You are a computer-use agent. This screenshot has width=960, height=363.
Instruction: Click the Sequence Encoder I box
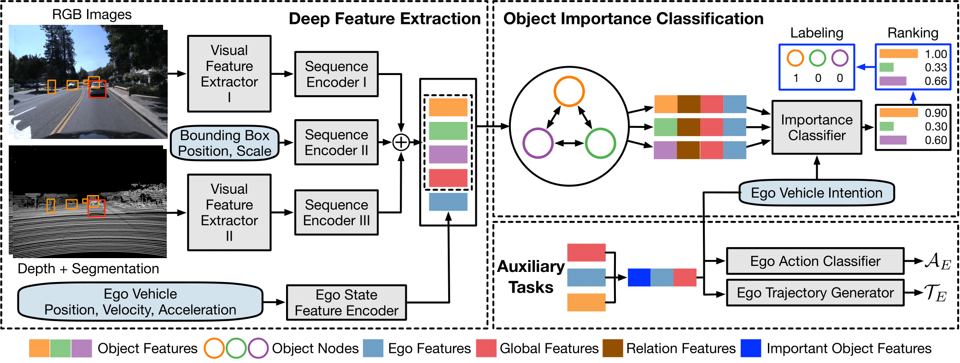pos(336,74)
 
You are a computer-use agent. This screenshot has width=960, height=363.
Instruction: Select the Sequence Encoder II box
pos(336,143)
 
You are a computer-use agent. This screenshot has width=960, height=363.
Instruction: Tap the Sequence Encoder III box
pos(336,213)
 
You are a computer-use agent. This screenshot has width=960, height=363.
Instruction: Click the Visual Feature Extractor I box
pos(229,74)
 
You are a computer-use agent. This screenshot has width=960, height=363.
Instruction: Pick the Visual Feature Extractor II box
pos(229,213)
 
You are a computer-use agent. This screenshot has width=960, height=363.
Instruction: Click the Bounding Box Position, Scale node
pos(225,143)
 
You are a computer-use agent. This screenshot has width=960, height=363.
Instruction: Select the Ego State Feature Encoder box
pos(346,303)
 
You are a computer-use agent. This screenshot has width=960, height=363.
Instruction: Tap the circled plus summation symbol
pos(401,143)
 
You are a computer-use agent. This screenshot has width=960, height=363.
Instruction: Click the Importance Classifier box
pos(817,127)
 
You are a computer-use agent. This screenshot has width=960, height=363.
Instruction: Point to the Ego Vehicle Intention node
pos(816,193)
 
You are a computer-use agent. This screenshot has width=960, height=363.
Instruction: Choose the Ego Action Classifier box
pos(815,261)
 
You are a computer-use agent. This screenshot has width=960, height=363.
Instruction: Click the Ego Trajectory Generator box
pos(815,293)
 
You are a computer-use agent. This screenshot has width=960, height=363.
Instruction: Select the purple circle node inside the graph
pos(538,143)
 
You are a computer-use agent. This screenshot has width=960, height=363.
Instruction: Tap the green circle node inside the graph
pos(600,143)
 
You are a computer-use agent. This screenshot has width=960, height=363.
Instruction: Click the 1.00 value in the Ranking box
pos(936,54)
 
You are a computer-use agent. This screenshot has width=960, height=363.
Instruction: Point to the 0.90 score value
pos(936,113)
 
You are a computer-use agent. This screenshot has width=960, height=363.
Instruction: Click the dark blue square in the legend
pos(750,348)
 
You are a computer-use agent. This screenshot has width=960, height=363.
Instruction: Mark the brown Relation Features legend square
pos(613,348)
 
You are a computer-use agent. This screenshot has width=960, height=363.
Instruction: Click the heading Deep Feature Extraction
pos(385,19)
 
